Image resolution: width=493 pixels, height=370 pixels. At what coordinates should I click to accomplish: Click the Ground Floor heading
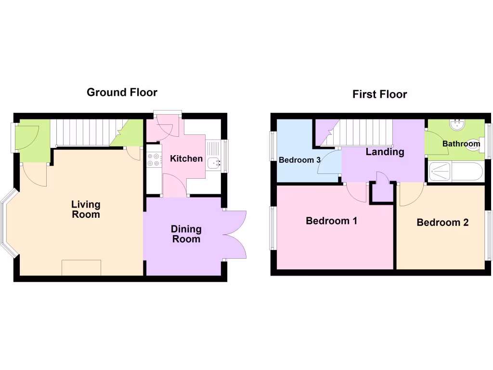122,92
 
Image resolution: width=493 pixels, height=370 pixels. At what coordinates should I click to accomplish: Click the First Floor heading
379,94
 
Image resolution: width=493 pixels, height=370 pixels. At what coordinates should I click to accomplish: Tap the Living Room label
86,210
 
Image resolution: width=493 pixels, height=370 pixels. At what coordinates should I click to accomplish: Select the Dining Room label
186,234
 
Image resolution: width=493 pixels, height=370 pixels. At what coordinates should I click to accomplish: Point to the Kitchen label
186,159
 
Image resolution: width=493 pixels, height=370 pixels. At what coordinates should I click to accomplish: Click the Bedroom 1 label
331,221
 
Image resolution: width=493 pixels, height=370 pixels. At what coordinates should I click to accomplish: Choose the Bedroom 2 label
442,223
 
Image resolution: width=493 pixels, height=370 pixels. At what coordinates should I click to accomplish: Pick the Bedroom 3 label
300,160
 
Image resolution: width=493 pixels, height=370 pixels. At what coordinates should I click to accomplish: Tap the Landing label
385,152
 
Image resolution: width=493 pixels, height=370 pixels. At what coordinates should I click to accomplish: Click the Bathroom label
461,144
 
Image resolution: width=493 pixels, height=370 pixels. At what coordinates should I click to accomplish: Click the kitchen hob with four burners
154,159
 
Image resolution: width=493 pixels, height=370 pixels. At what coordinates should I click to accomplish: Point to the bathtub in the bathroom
455,172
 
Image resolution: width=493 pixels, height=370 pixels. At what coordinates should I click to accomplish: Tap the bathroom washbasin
457,124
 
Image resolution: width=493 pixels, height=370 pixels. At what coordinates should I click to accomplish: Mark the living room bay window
10,223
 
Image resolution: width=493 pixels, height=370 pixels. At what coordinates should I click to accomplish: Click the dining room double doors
235,236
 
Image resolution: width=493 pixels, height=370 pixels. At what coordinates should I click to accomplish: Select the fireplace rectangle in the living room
81,267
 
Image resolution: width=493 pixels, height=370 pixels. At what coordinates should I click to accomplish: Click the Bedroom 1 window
273,228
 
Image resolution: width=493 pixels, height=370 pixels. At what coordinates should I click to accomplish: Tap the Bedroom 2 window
488,234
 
